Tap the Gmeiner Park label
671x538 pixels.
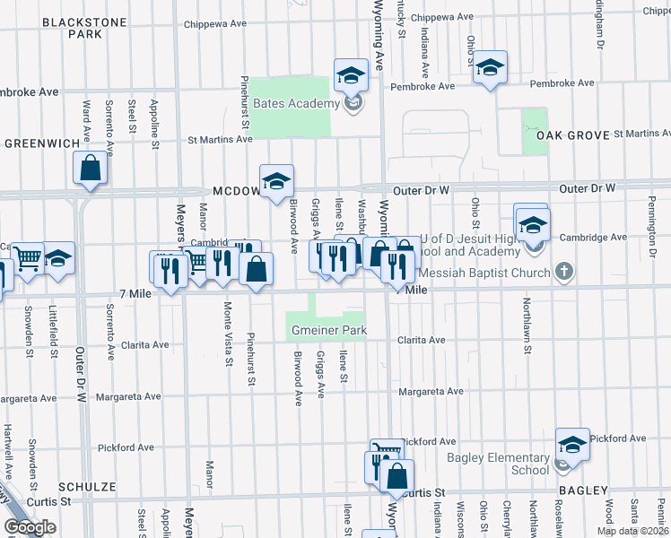pos(329,331)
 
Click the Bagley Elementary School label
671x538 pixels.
pos(498,464)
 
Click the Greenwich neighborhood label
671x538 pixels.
pos(41,143)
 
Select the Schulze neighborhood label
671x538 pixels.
pos(88,486)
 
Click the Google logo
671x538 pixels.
pos(30,527)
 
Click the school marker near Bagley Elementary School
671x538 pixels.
pos(571,445)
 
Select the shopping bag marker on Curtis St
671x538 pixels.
pos(396,476)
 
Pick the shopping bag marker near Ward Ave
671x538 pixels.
pos(91,168)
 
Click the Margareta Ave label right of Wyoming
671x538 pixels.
pos(431,391)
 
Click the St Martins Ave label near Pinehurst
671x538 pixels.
pos(219,140)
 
